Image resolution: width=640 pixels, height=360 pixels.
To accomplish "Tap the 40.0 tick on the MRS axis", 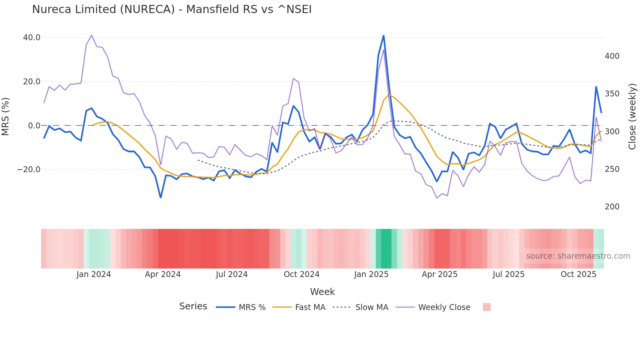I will pos(32,38).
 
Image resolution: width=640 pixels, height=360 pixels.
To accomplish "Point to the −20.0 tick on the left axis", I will pos(29,170).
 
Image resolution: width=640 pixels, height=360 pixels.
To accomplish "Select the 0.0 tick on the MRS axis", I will pos(34,126).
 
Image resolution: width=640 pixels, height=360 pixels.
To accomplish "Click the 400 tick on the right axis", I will pos(612,56).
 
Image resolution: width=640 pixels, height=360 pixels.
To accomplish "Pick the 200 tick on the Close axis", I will pos(612,207).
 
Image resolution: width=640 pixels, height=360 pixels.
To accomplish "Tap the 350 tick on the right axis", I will pos(612,94).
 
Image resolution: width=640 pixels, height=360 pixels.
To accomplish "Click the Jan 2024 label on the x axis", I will pos(94,274).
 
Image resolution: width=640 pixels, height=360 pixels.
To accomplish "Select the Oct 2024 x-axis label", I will pos(301,274).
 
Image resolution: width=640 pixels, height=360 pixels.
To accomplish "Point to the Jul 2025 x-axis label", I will pos(508,274).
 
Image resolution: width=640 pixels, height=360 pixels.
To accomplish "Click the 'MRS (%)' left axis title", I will pos(6,116).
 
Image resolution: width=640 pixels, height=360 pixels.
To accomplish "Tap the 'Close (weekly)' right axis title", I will pos(632,116).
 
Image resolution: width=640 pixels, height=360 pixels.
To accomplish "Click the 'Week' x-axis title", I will pos(322,292).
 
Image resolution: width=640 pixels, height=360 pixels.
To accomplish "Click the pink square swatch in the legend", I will pos(487,307).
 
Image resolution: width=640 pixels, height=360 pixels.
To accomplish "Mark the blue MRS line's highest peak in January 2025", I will pos(383,36).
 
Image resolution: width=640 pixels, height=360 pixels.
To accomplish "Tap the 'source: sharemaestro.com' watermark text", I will pos(578,256).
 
